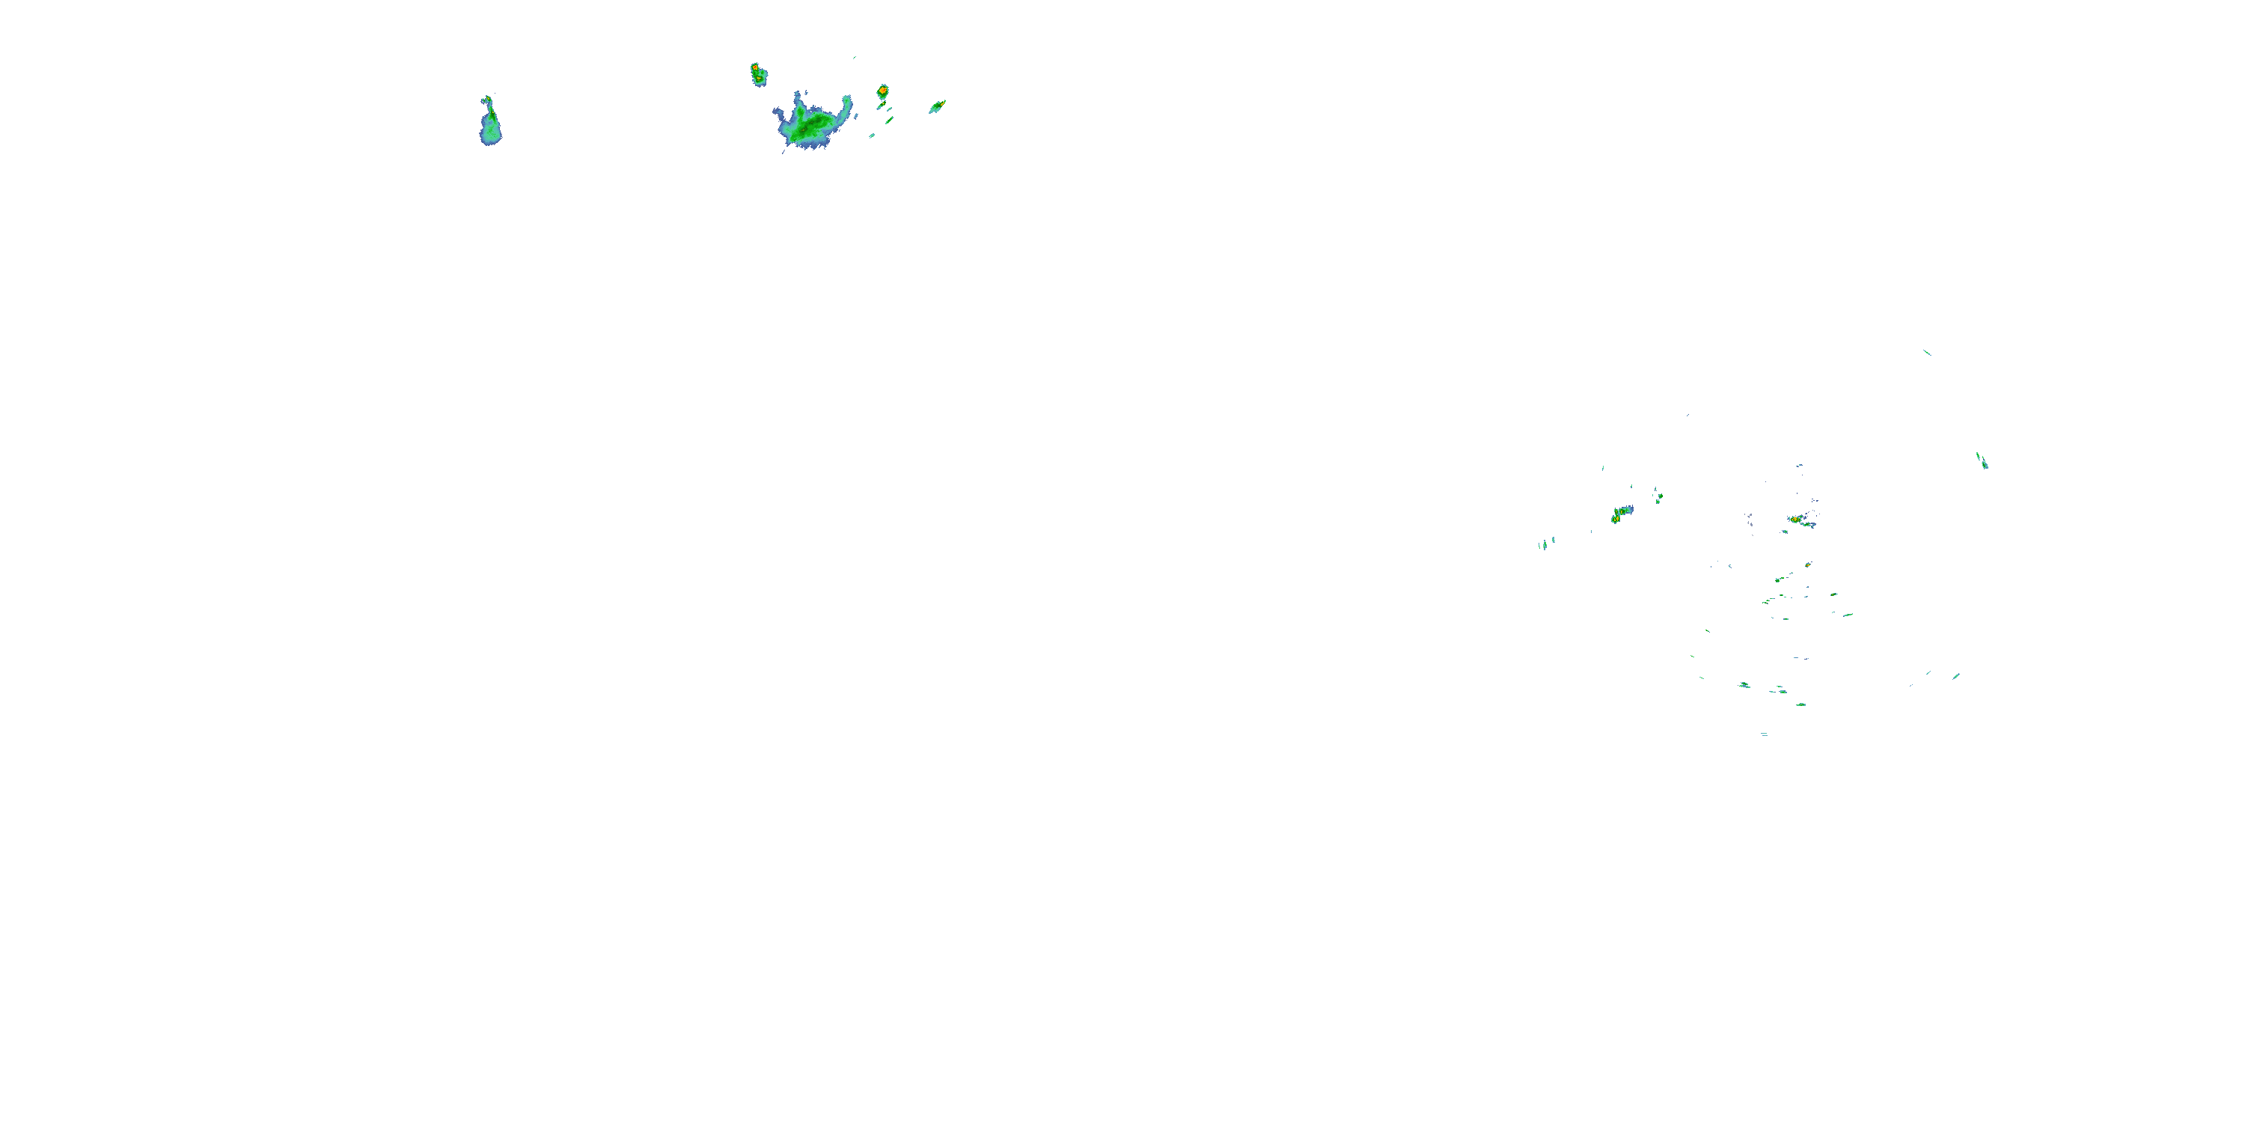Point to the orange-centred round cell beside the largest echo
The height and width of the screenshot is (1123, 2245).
point(882,91)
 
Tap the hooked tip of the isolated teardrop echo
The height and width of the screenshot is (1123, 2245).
point(488,100)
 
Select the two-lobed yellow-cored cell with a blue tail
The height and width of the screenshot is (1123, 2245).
point(1620,514)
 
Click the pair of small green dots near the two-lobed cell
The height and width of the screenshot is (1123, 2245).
point(1658,497)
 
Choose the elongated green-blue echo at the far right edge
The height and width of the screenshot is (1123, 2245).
point(1981,460)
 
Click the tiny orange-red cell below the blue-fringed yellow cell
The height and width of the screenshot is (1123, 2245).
point(1807,565)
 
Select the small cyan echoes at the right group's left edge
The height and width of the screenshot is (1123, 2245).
point(1546,544)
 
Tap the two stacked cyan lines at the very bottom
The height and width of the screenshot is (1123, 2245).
point(1764,734)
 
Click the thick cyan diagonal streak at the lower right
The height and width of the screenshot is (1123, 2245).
point(1955,676)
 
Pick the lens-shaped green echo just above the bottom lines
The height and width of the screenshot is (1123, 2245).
point(1800,704)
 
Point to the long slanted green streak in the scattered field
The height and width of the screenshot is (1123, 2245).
point(1784,577)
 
